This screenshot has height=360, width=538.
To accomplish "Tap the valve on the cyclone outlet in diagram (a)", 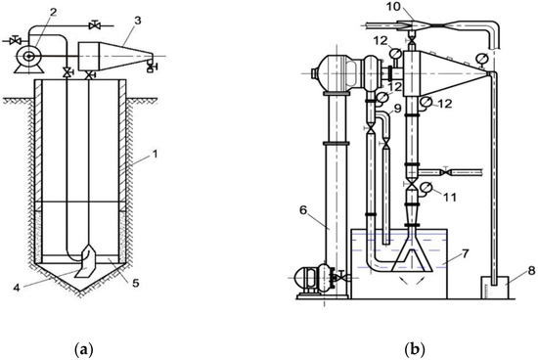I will click(x=150, y=67).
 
